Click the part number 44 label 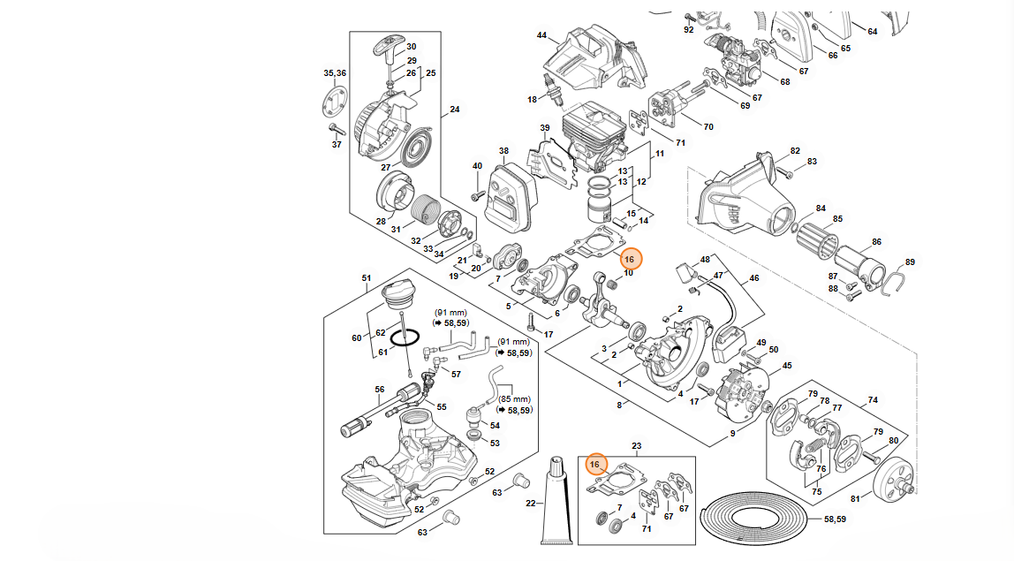tap(541, 35)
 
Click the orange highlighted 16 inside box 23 tap(595, 464)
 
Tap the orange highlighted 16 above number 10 tap(630, 259)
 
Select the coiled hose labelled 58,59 tap(755, 517)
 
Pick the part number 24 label tap(455, 110)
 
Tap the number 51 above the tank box tap(367, 278)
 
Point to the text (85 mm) tap(514, 399)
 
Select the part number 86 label tap(876, 242)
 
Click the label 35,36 tap(335, 73)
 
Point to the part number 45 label tap(787, 366)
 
